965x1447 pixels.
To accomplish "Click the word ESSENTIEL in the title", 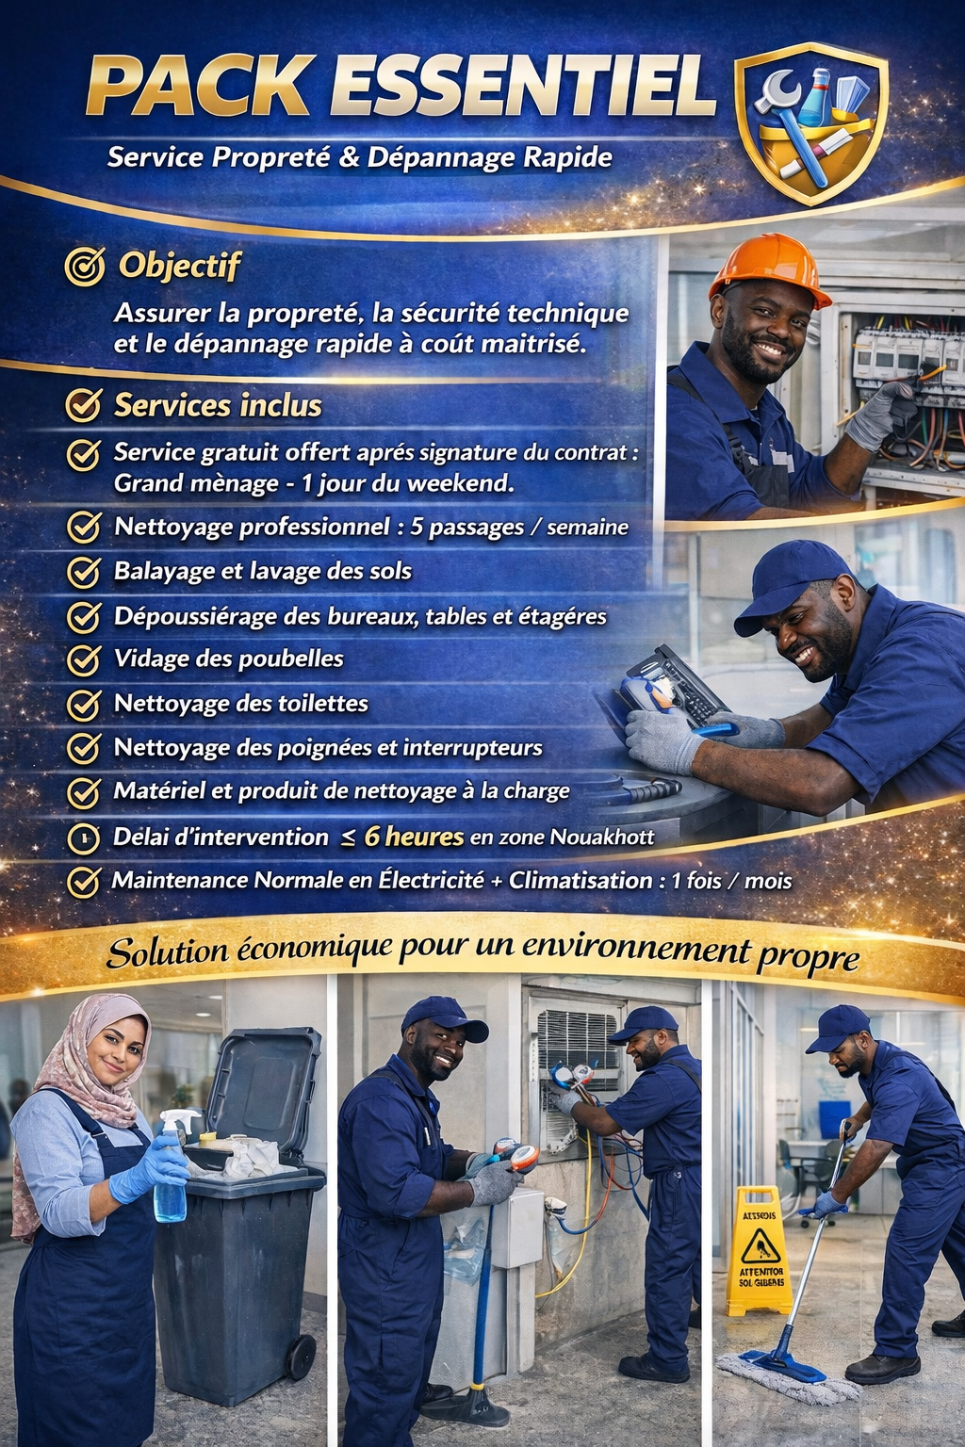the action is click(x=524, y=86).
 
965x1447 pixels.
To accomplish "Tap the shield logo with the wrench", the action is click(x=811, y=122).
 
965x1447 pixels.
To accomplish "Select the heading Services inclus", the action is click(x=218, y=406).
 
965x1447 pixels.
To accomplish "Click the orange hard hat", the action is click(x=769, y=267).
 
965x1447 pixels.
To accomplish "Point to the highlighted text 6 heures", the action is click(x=415, y=837).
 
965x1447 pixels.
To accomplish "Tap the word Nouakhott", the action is click(x=602, y=837).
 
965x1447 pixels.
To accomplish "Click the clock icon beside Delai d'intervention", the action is click(x=83, y=838).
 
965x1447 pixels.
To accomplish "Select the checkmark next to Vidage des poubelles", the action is click(x=84, y=659).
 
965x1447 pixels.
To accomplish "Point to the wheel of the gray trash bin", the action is click(x=302, y=1357).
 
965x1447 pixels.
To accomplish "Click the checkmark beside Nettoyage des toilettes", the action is click(x=84, y=704).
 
